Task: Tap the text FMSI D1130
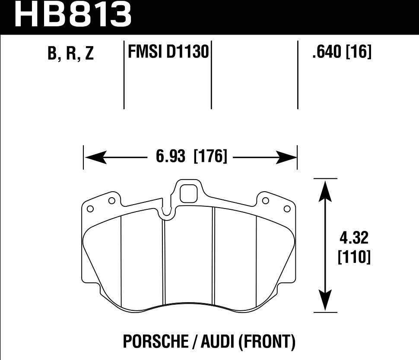(x=168, y=53)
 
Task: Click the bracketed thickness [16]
(x=359, y=53)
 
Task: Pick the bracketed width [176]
(x=211, y=156)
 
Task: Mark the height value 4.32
(x=353, y=238)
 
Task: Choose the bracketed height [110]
(x=353, y=257)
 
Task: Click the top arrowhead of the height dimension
(x=325, y=190)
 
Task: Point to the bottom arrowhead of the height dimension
(x=325, y=300)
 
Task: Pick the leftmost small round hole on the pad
(x=90, y=209)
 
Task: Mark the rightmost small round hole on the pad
(x=286, y=209)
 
